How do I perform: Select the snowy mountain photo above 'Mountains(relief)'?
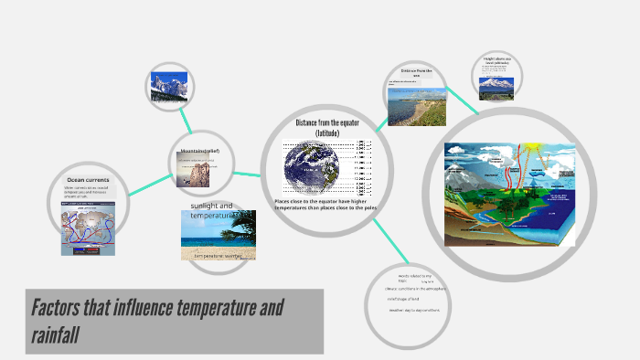pyautogui.click(x=168, y=86)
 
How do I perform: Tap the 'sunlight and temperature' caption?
pyautogui.click(x=212, y=210)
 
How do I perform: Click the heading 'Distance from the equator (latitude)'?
pyautogui.click(x=326, y=127)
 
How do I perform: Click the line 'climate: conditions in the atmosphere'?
pyautogui.click(x=417, y=287)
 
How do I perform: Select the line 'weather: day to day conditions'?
pyautogui.click(x=417, y=310)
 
